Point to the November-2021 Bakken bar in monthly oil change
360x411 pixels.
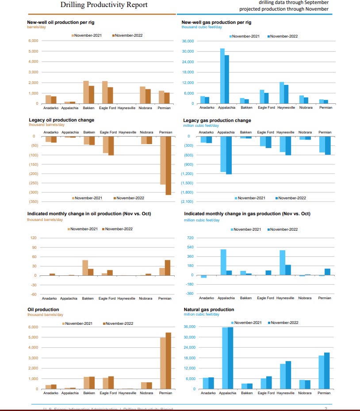(85, 268)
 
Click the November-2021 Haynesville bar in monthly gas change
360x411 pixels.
(282, 263)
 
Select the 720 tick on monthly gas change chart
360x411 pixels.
(190, 238)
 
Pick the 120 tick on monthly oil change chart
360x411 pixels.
(33, 238)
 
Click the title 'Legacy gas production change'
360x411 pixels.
(217, 120)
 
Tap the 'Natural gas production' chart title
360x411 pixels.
(209, 309)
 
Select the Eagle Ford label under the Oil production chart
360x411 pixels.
(108, 393)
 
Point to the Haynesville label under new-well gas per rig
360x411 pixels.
(286, 107)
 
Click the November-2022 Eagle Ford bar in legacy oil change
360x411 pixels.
(111, 146)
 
